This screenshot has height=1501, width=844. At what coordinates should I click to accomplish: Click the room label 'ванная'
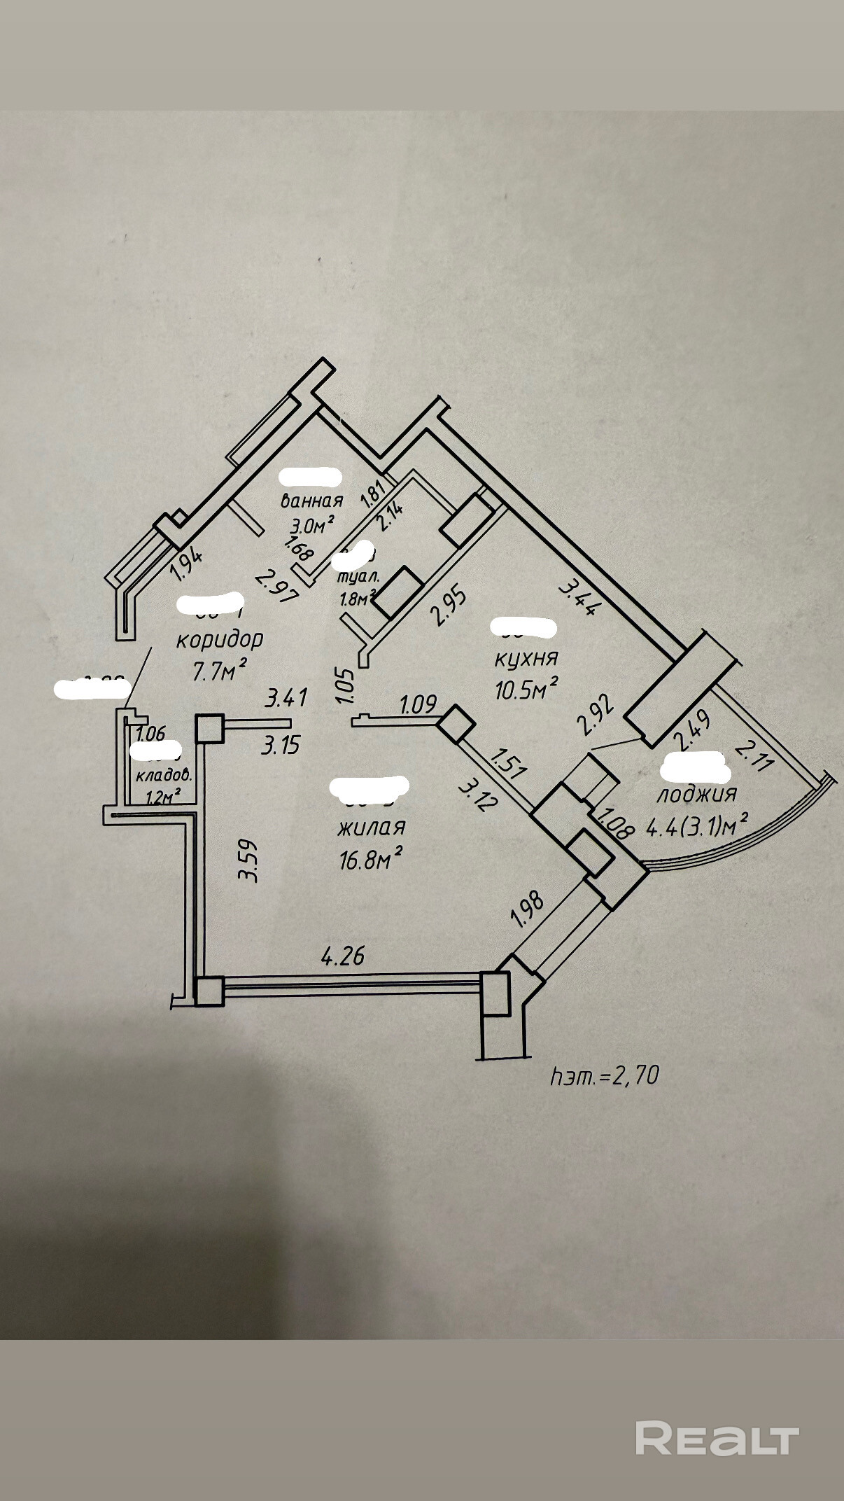coord(311,501)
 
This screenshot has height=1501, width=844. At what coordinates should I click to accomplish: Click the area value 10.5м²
coord(526,690)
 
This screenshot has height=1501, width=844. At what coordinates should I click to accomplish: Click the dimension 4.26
coord(342,955)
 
